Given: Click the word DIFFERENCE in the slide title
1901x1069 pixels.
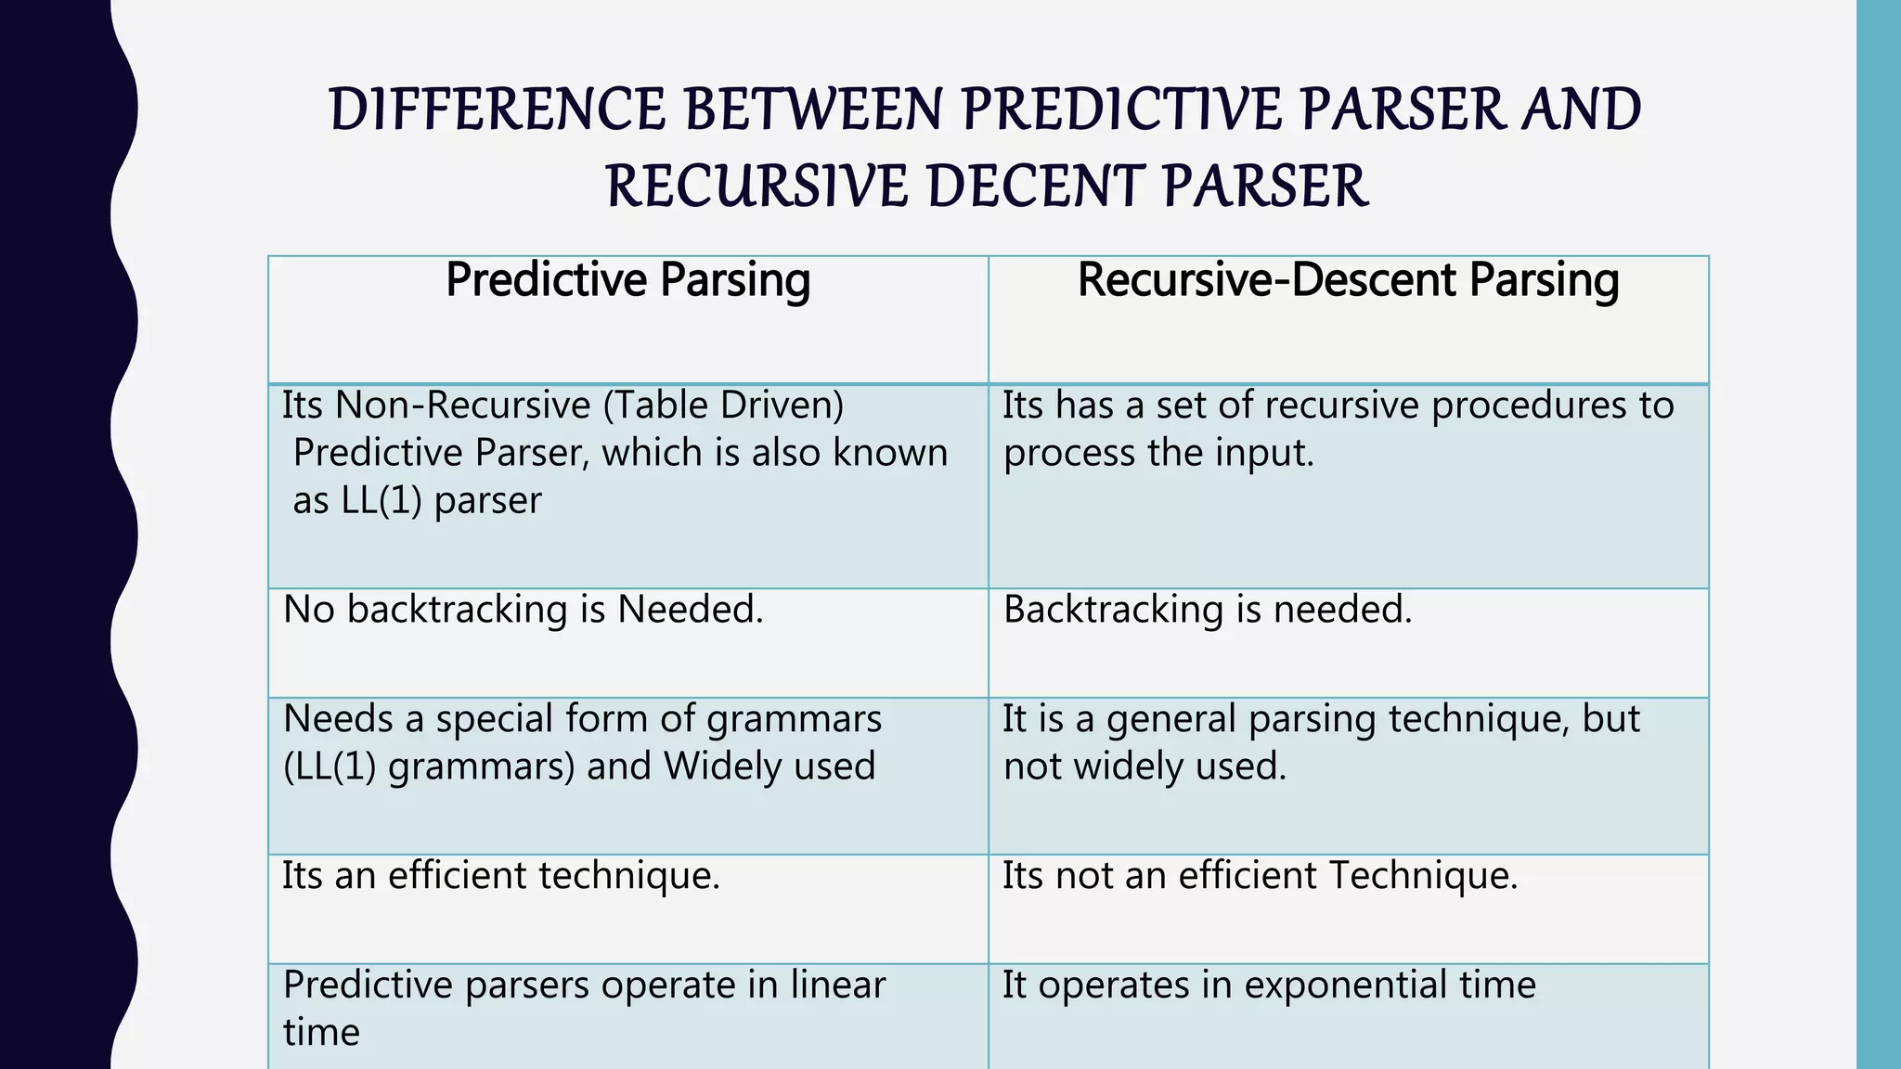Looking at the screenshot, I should (497, 109).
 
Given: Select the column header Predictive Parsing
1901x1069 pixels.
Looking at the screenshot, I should (627, 280).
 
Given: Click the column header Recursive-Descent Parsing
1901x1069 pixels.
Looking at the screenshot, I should (1348, 280).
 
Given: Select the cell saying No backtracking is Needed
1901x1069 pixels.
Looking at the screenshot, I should (523, 610).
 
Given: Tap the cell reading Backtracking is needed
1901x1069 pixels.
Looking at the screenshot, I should (1207, 610).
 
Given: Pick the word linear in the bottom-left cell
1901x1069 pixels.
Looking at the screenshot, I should (837, 985).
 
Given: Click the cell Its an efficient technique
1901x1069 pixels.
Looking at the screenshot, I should (501, 876).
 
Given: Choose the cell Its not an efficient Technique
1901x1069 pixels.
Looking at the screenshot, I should (1260, 876).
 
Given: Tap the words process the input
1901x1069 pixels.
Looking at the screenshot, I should (1158, 454).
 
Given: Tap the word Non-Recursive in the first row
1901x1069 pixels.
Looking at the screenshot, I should (463, 406).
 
